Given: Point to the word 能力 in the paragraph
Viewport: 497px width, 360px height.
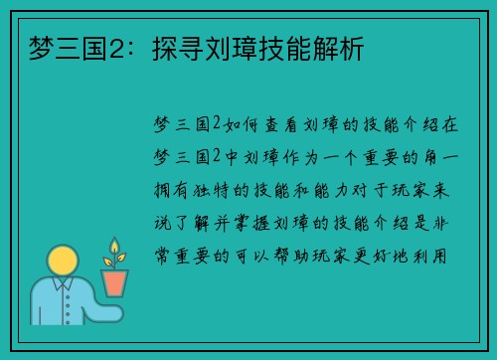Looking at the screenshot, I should point(329,189).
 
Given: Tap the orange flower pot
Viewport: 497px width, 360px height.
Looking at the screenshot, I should point(115,282).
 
